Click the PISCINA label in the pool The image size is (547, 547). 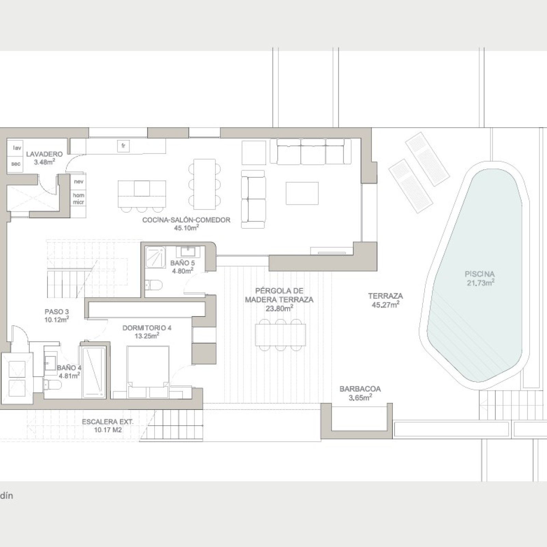(x=480, y=274)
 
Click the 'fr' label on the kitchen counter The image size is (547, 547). (x=123, y=146)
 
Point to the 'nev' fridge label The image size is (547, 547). (x=79, y=182)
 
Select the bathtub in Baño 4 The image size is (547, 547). (x=94, y=372)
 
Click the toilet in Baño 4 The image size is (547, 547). (x=53, y=385)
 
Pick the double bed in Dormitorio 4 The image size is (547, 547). (x=148, y=372)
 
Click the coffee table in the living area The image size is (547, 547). (x=302, y=193)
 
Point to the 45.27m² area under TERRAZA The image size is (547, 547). (x=385, y=305)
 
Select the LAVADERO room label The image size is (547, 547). (x=44, y=154)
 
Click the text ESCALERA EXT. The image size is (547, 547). (x=108, y=422)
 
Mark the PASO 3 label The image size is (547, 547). (x=57, y=312)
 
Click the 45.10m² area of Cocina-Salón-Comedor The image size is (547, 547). (x=186, y=228)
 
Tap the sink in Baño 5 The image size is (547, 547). (x=186, y=252)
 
